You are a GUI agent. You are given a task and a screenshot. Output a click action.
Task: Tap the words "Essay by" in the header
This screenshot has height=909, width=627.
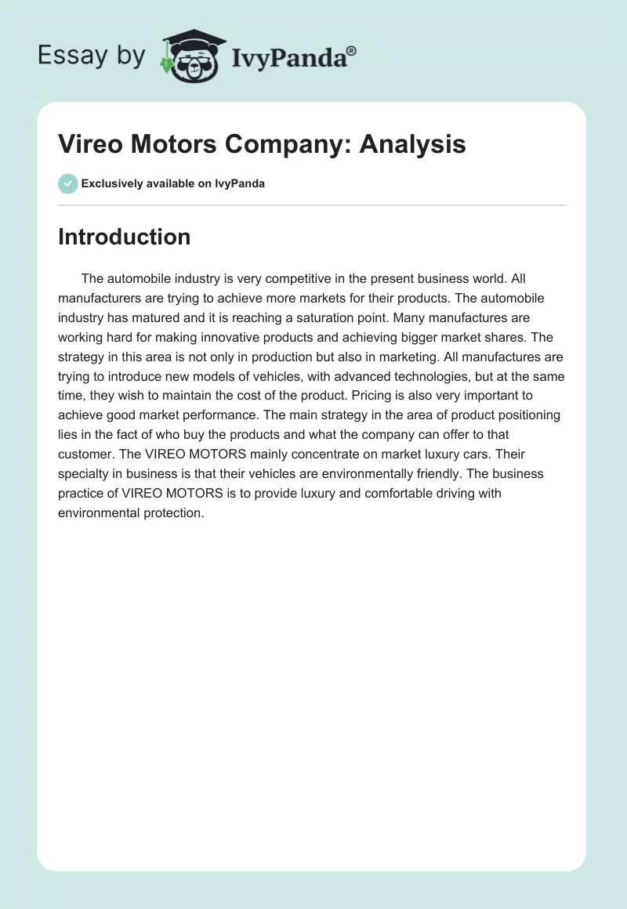click(92, 56)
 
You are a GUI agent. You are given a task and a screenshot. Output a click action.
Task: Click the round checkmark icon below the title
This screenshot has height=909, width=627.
click(67, 183)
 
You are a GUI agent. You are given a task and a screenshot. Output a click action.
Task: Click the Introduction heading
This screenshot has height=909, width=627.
click(124, 237)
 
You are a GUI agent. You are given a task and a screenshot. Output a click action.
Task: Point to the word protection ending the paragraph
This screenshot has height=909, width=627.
click(172, 513)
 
